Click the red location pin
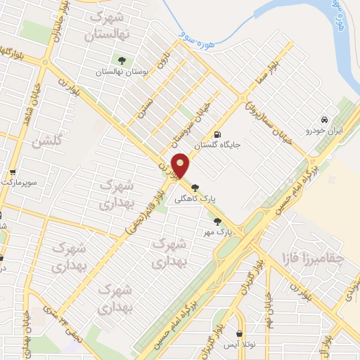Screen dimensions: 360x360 [x=181, y=165]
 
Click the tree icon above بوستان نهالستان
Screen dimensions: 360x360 [x=122, y=60]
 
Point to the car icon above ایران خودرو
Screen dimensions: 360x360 [x=323, y=120]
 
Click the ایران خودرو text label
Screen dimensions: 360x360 [x=322, y=131]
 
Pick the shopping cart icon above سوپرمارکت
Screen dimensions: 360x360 [x=13, y=172]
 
